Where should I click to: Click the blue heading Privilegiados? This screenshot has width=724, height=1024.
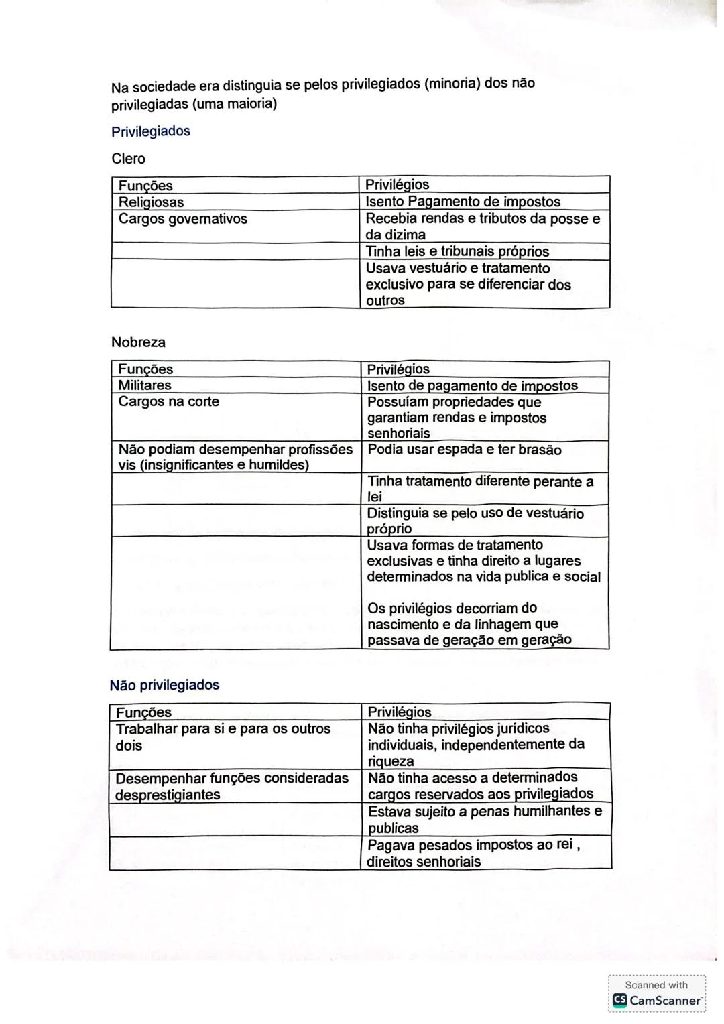[x=151, y=131]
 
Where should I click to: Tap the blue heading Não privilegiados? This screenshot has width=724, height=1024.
[x=164, y=685]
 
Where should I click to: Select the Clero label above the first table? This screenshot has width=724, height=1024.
[x=128, y=159]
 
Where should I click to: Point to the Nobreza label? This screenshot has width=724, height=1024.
[x=138, y=342]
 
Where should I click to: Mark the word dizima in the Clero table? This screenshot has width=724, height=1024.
[x=405, y=235]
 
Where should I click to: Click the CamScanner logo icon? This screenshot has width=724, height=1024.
[x=620, y=1001]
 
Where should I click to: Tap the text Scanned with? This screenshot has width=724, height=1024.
[x=656, y=985]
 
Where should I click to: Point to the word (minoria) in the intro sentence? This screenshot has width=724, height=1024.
[x=452, y=84]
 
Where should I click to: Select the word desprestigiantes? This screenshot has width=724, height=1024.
[x=168, y=795]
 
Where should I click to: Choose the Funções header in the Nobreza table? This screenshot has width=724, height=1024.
[x=145, y=369]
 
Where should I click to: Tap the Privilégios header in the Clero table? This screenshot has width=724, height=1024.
[x=398, y=185]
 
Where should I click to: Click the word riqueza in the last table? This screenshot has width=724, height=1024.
[x=391, y=761]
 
